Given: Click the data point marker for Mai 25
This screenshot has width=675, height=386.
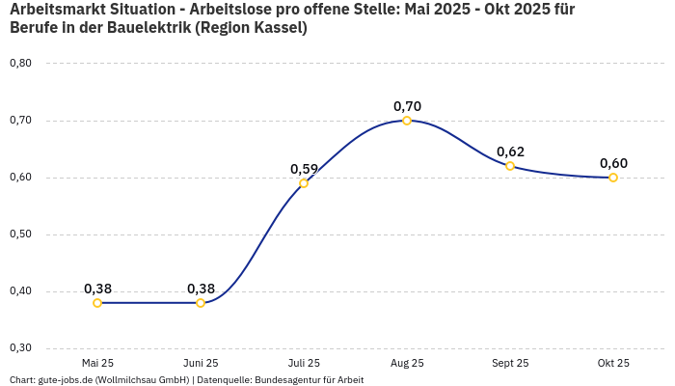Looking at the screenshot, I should coord(97,303).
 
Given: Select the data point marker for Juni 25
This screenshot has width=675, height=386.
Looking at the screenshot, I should coord(201,303).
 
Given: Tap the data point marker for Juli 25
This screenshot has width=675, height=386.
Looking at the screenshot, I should coord(304,183).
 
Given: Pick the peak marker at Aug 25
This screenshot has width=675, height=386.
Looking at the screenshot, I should coord(407,121).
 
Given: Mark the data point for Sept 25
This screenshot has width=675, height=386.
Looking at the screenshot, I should coord(510,166).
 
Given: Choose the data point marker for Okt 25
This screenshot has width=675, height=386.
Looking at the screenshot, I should coord(613,178).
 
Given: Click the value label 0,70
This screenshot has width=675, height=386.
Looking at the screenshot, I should coord(407,106).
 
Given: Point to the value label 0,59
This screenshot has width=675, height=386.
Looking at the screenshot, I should coord(304,169).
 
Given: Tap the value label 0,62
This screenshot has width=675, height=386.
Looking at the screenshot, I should coord(510,152).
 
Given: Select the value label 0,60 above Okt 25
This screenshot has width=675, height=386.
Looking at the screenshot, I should coord(613,163).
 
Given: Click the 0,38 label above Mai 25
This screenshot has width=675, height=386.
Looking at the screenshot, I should coord(97,289).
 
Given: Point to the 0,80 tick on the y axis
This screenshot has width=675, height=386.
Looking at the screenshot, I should coord(20,64).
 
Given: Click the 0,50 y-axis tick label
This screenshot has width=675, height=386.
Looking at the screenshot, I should coord(20,234).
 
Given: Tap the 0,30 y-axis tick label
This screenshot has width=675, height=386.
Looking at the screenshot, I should coord(20,348).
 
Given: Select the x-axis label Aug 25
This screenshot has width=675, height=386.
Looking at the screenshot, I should coord(407,363).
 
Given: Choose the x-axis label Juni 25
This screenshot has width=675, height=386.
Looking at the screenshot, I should coord(201,363).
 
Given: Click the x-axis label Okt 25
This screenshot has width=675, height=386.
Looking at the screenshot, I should coord(613,363).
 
